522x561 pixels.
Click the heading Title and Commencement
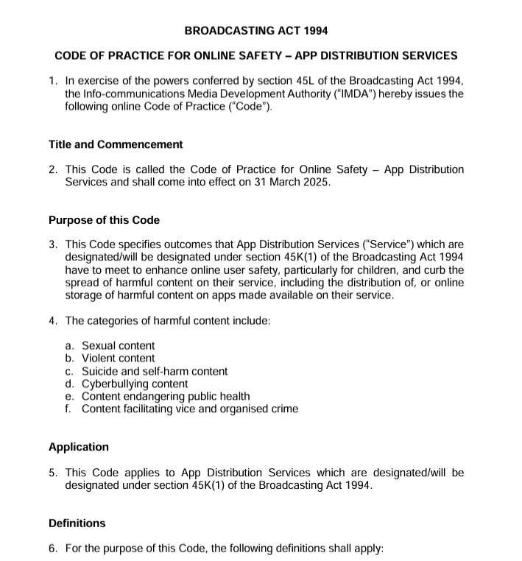click(x=116, y=144)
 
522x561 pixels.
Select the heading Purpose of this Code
click(x=104, y=220)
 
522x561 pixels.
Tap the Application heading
click(x=78, y=447)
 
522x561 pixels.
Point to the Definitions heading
click(x=77, y=523)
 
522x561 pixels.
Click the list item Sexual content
click(x=118, y=345)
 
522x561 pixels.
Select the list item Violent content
click(x=118, y=359)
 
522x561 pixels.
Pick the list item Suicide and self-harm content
click(x=155, y=371)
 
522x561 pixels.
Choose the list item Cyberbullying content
click(x=135, y=384)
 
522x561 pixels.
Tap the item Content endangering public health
click(x=166, y=396)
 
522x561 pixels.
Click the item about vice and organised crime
click(x=190, y=409)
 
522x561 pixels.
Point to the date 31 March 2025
click(x=292, y=182)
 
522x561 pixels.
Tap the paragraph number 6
click(x=53, y=548)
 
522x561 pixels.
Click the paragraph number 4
click(x=53, y=320)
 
